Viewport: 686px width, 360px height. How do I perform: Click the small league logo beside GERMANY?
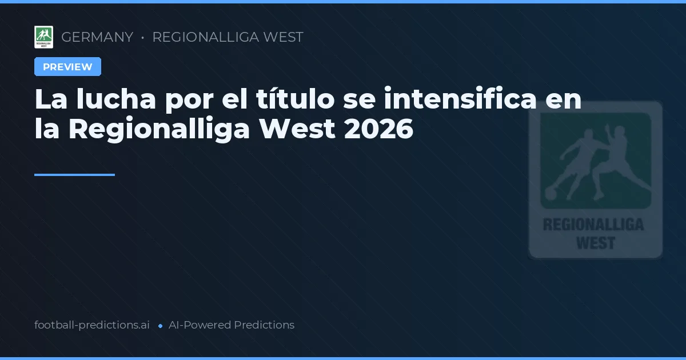click(43, 37)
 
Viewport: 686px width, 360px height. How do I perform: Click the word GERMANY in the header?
click(97, 37)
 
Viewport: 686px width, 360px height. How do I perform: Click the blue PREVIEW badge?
click(67, 67)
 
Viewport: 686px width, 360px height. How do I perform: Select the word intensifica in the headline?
click(460, 99)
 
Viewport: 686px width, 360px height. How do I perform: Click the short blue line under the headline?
click(74, 175)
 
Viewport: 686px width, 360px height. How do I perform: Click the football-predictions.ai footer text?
click(92, 325)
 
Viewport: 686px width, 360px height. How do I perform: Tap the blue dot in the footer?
click(160, 326)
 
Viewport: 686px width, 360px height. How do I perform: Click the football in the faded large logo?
click(551, 194)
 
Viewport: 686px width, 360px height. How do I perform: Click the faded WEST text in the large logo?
click(595, 243)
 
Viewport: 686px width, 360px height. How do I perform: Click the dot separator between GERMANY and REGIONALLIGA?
click(142, 38)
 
